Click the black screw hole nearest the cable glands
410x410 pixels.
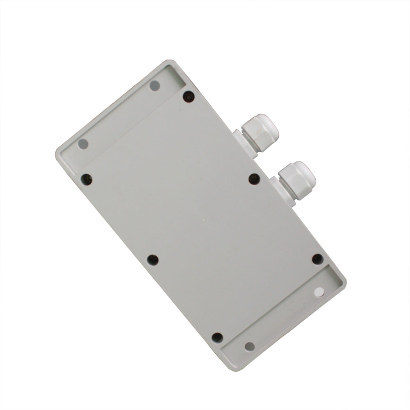[x=254, y=179]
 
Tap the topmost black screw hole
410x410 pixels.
[x=189, y=97]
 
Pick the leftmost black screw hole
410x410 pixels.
[x=87, y=179]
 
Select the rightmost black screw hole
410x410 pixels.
[x=317, y=259]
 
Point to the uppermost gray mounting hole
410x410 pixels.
[x=155, y=86]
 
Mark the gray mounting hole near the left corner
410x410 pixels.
[x=83, y=144]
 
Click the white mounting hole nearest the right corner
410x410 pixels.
[x=319, y=292]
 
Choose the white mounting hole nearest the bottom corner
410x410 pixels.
[x=249, y=346]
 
